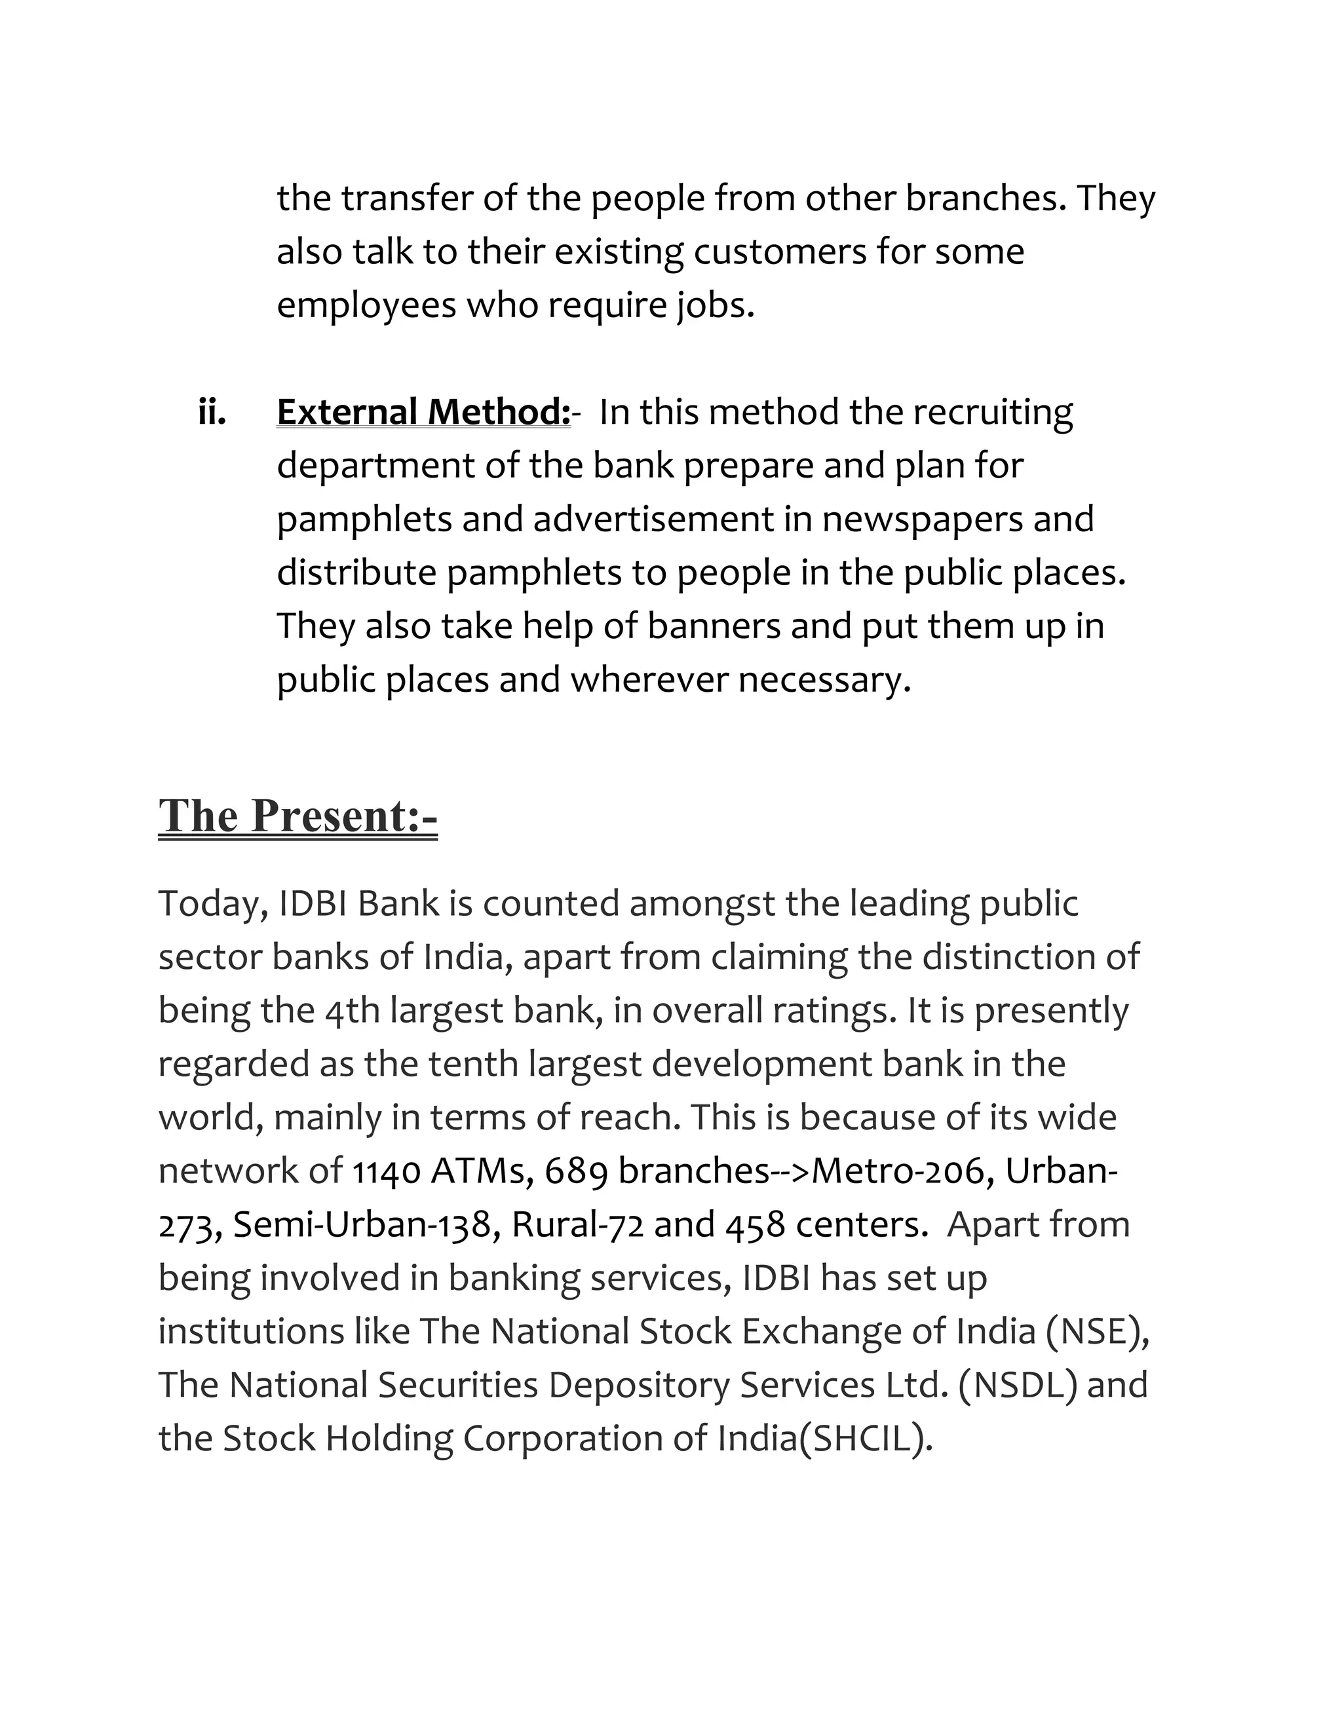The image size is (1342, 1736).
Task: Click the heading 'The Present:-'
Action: [x=297, y=816]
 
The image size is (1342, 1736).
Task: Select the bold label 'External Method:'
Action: [x=423, y=412]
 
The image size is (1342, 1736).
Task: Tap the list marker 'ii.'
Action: [x=212, y=412]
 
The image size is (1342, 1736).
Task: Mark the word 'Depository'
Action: [x=638, y=1385]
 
